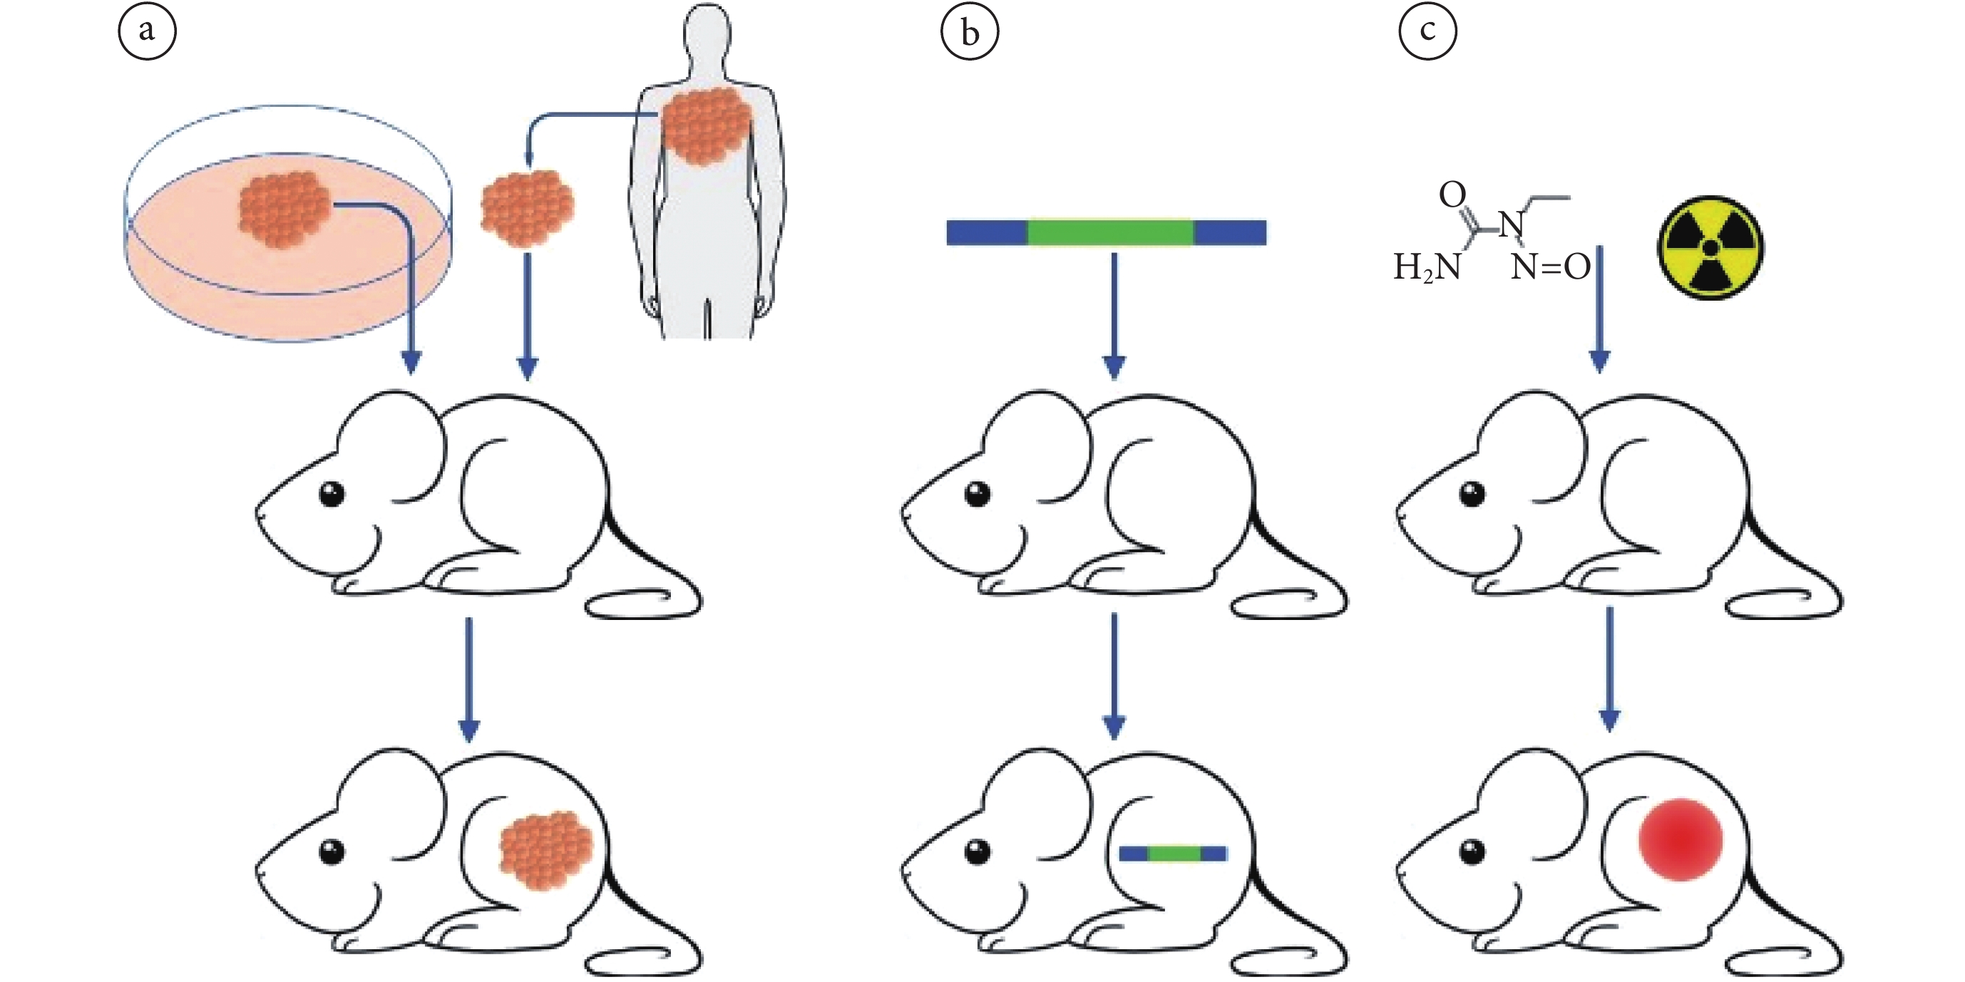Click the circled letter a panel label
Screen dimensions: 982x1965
[x=146, y=32]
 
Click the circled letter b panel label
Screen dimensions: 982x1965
[x=970, y=32]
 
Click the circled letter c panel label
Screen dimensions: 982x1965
[x=1427, y=32]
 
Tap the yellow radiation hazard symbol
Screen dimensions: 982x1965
[x=1710, y=248]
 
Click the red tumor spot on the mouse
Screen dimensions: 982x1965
[x=1681, y=839]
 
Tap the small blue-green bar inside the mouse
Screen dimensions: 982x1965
[x=1172, y=853]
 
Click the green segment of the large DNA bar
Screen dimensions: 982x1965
[x=1110, y=232]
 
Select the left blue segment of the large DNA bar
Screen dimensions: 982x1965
[x=987, y=232]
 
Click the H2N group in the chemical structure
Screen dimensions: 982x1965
[x=1427, y=267]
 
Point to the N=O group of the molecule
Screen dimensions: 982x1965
[x=1550, y=267]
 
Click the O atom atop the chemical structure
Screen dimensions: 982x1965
[x=1452, y=195]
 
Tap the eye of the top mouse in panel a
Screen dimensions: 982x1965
[x=332, y=494]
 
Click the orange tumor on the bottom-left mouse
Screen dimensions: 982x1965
[x=546, y=851]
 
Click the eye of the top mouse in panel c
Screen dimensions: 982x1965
[x=1472, y=494]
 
